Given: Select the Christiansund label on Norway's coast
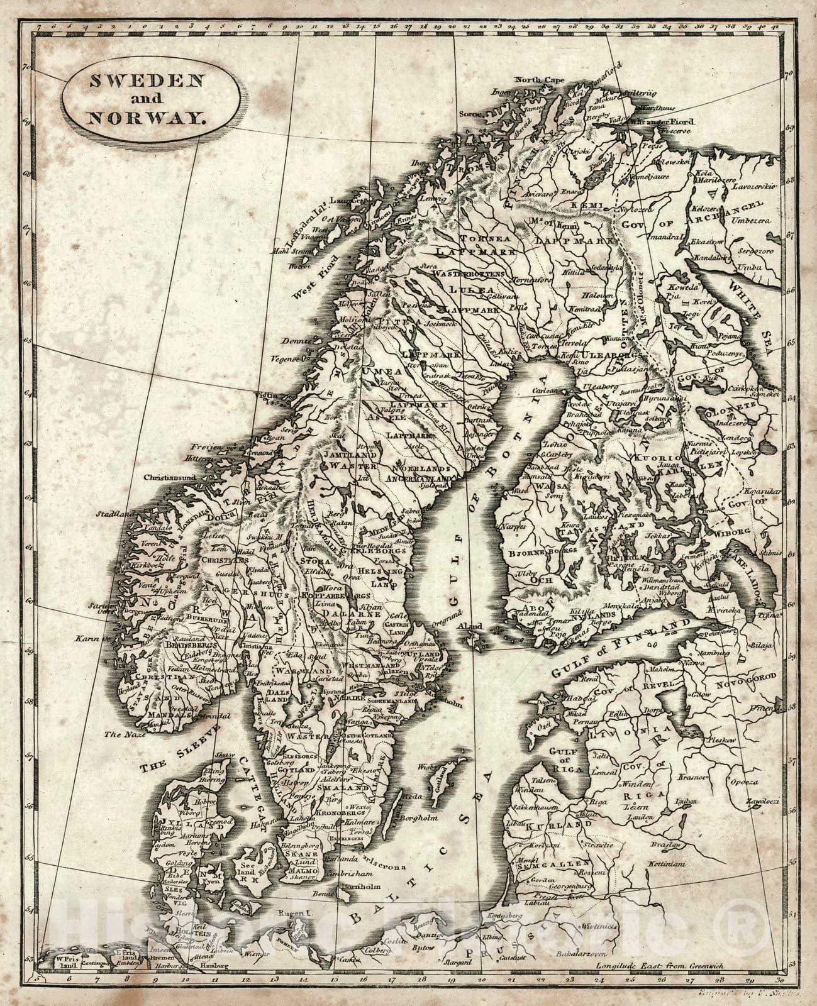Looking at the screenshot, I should pyautogui.click(x=170, y=478).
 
